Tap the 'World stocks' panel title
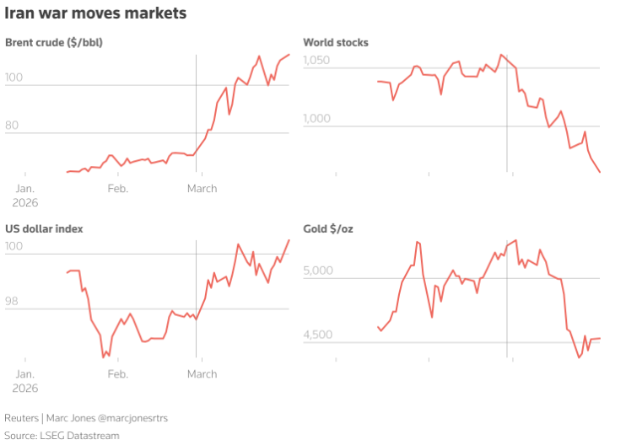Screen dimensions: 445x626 tap(336, 42)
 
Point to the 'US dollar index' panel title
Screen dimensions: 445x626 tap(44, 228)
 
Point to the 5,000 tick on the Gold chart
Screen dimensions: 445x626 tap(319, 271)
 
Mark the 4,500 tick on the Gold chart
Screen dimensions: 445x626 tap(319, 335)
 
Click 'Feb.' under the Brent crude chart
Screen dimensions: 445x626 tap(118, 188)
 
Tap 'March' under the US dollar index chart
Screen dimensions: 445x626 tap(202, 373)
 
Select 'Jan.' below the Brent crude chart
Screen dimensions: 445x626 tap(24, 188)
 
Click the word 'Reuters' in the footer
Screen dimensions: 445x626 tap(22, 418)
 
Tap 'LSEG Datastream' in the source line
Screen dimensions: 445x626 tap(83, 435)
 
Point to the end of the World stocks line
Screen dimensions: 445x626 tap(600, 173)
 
